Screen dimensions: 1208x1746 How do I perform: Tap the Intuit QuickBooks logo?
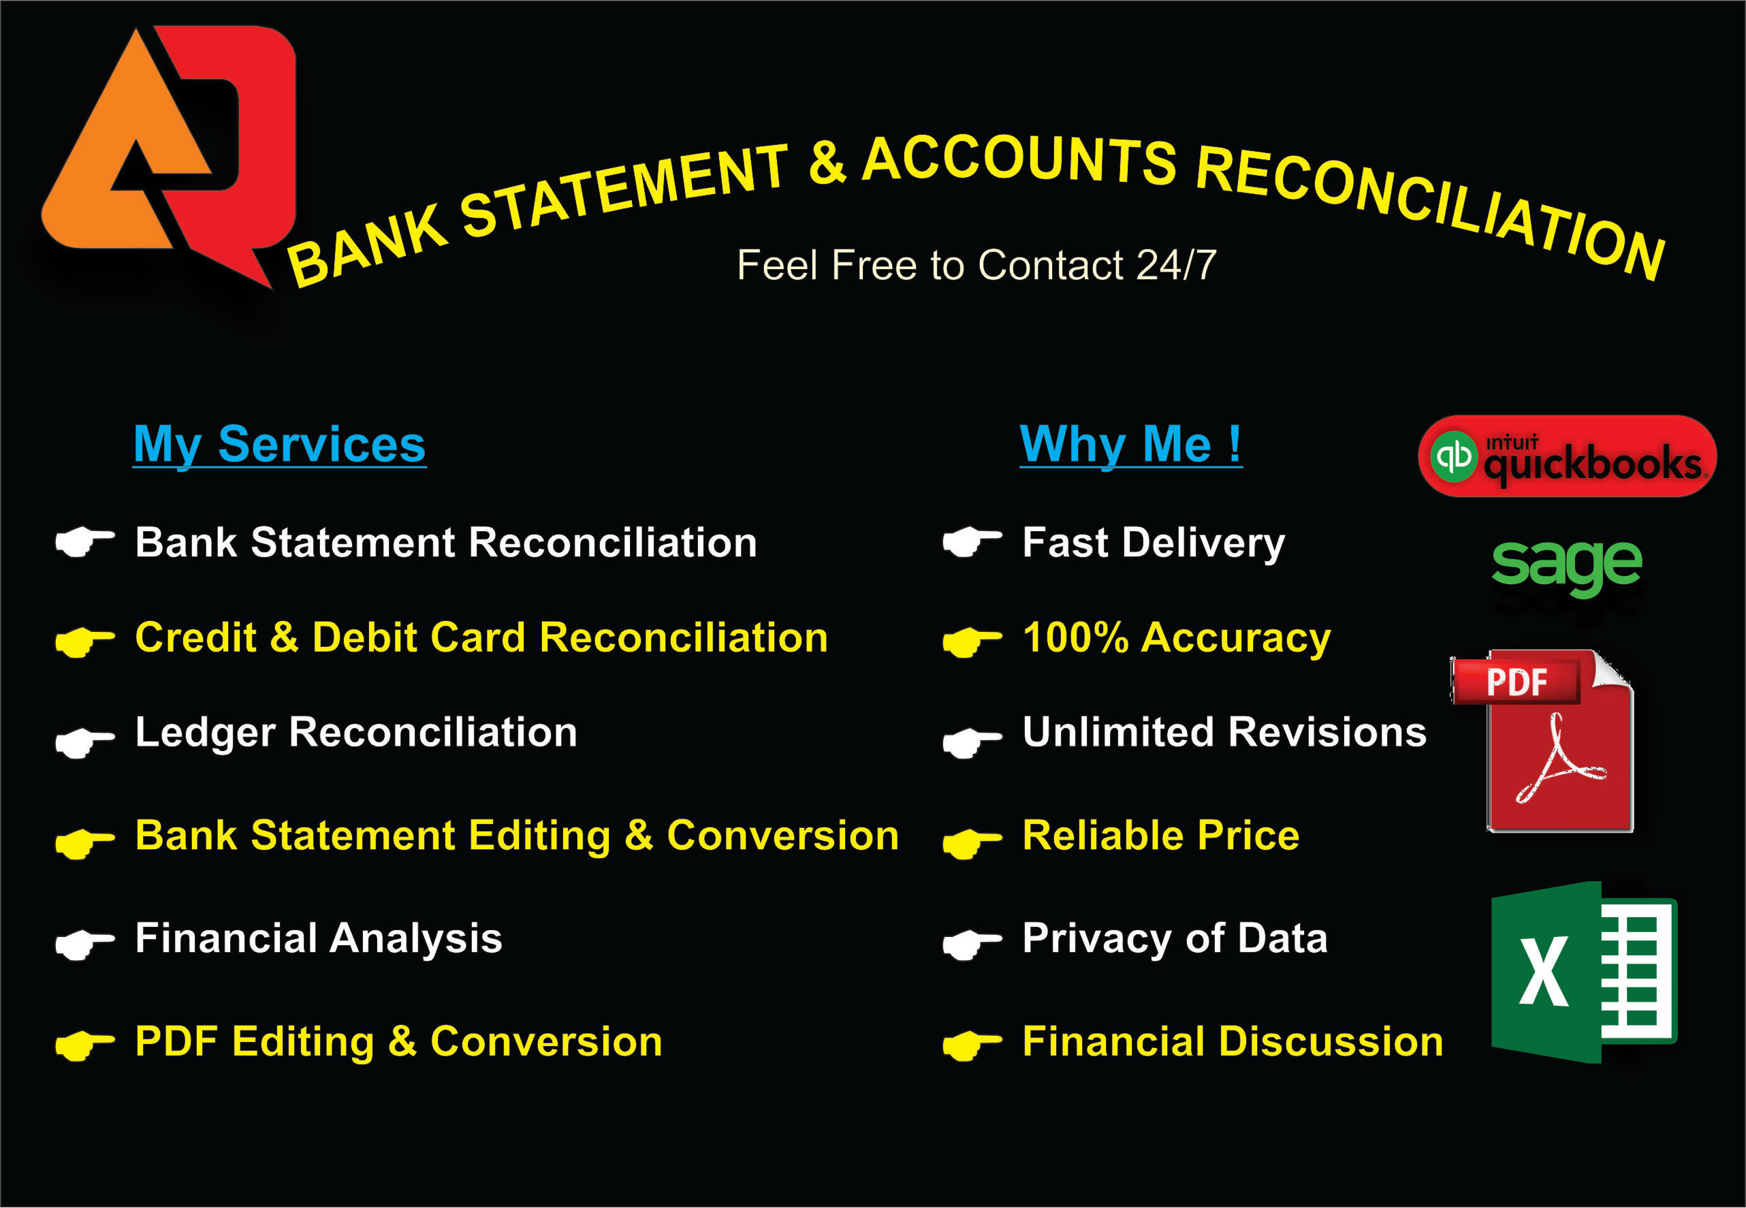coord(1567,456)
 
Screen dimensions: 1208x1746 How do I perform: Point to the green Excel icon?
coord(1583,972)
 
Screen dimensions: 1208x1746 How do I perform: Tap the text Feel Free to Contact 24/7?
coord(977,266)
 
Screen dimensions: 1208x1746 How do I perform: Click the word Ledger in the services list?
coord(205,733)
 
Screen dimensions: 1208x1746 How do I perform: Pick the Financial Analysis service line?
coord(319,938)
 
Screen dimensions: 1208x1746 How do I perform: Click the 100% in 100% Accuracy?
coord(1075,637)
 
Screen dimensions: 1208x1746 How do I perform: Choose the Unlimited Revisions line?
coord(1224,733)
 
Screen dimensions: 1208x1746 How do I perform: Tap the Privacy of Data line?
coord(1175,938)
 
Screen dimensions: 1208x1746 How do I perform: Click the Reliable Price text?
coord(1160,836)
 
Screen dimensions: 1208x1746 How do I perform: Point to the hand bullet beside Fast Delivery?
coord(972,542)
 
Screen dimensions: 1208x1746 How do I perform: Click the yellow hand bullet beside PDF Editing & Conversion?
coord(84,1045)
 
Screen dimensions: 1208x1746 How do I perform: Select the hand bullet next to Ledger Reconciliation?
coord(84,741)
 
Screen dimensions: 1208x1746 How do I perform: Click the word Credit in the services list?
coord(195,637)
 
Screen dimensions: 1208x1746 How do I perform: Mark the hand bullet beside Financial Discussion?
coord(972,1045)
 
